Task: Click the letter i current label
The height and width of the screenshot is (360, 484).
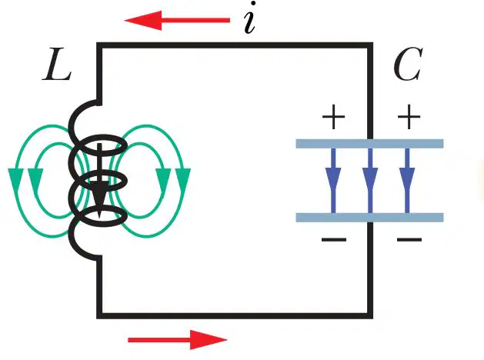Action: [250, 18]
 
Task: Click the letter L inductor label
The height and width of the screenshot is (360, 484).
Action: [57, 65]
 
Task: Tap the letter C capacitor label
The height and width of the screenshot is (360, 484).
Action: [408, 65]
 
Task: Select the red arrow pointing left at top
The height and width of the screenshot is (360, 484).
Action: [177, 20]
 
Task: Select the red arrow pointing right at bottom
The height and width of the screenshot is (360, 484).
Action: [178, 340]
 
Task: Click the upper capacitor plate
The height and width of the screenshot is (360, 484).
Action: [370, 144]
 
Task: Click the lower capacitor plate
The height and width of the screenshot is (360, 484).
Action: [370, 218]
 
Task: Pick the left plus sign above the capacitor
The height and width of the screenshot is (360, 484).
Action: [333, 117]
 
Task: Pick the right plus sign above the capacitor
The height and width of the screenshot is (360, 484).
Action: [409, 117]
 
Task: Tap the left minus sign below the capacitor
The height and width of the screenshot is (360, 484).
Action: [334, 239]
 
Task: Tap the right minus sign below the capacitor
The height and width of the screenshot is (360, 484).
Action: [409, 239]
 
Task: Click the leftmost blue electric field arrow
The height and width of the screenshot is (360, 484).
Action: [333, 181]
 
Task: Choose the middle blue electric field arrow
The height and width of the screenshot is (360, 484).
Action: [370, 181]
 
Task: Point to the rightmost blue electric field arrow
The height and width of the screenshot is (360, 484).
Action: [407, 181]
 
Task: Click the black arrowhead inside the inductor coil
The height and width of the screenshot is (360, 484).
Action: [98, 198]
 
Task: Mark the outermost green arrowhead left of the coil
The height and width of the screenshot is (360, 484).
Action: [15, 178]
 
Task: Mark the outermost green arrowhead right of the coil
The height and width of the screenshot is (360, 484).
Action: [183, 178]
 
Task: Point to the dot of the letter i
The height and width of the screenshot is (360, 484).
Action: [253, 4]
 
